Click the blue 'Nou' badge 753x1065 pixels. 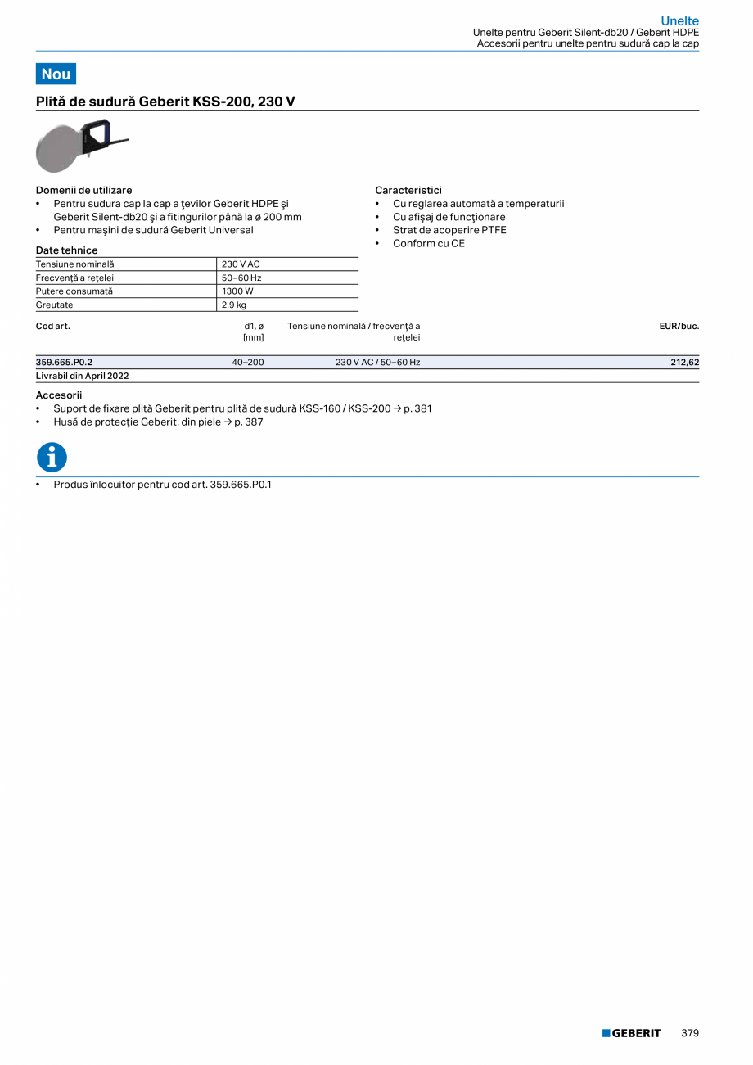pos(56,74)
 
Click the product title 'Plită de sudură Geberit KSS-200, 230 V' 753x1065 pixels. pos(165,102)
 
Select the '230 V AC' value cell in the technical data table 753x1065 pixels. pos(240,264)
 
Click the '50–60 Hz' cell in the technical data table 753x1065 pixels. pos(241,278)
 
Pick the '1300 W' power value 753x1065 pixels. pos(237,291)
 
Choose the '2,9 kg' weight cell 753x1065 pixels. pos(234,305)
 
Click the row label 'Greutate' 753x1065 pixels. pos(55,305)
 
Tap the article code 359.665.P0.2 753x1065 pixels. pos(64,362)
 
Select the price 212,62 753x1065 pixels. pos(684,362)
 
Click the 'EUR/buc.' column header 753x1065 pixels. pos(679,326)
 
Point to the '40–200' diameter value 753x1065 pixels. pos(248,362)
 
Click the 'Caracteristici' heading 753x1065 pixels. pos(408,190)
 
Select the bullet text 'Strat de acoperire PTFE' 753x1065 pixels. pos(449,230)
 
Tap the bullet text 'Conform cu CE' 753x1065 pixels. pos(428,243)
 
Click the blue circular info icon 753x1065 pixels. pos(52,458)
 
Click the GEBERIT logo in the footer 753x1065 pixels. pos(631,1033)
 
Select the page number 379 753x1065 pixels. pos(689,1033)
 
